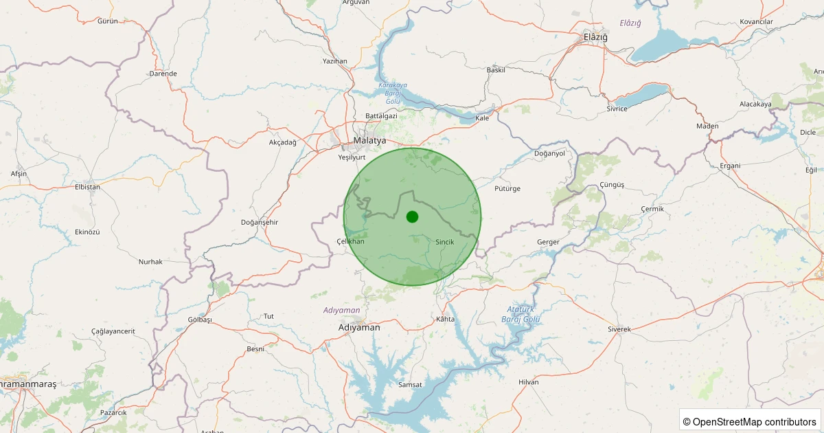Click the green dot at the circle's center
(412, 216)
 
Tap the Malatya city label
(370, 141)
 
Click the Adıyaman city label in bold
(359, 328)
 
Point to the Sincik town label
(445, 242)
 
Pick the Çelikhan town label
(350, 241)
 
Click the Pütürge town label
(507, 188)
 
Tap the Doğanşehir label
(260, 222)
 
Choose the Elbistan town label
(87, 187)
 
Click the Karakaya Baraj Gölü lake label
(393, 93)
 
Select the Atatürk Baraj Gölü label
(520, 314)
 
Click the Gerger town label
(549, 242)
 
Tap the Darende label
(163, 74)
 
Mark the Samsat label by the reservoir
(410, 385)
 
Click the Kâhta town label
(446, 320)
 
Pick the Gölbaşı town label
(200, 320)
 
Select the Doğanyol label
(549, 153)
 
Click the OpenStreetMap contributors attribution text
(749, 421)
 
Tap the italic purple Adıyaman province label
(342, 311)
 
